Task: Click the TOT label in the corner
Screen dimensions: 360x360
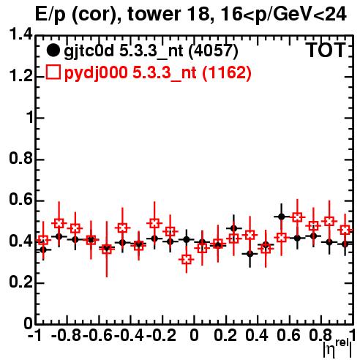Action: [326, 50]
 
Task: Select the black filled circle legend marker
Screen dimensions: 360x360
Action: [53, 50]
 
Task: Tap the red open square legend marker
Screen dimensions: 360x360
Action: [53, 72]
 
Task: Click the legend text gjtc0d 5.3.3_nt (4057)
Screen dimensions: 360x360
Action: [151, 51]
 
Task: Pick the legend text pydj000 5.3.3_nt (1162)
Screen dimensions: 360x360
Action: [158, 73]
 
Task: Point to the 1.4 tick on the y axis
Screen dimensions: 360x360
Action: [20, 35]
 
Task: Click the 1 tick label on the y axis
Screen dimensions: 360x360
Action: [29, 118]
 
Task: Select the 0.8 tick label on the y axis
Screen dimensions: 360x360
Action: [20, 159]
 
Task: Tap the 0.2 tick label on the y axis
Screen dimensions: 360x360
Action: [20, 282]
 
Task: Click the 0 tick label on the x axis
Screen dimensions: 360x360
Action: [194, 335]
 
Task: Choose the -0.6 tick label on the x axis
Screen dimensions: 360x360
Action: [98, 335]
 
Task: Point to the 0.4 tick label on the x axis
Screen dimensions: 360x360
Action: [257, 335]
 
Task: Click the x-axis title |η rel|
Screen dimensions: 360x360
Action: [337, 348]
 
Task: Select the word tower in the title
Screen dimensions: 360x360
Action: [154, 14]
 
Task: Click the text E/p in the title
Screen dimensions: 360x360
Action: [50, 15]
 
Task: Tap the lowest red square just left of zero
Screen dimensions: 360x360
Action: [187, 259]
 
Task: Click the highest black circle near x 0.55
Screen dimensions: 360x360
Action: [282, 217]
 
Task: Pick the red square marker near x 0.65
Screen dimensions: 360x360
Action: [297, 217]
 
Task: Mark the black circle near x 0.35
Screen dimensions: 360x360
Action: [250, 254]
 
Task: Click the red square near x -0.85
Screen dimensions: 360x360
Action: [59, 223]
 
